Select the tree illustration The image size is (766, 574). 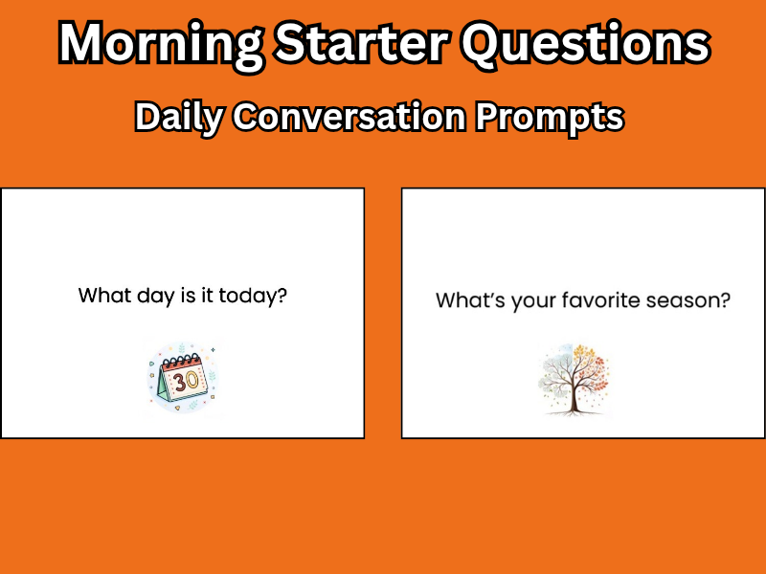[573, 378]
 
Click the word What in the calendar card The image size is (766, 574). [101, 295]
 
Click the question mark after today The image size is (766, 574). [282, 295]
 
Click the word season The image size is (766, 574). [687, 301]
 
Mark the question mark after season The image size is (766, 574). [726, 300]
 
